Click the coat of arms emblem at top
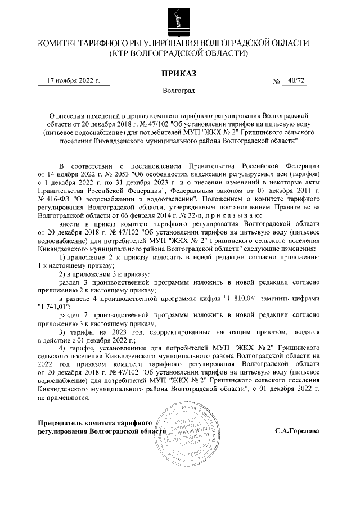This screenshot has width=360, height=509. pyautogui.click(x=179, y=18)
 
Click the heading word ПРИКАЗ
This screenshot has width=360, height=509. pyautogui.click(x=179, y=74)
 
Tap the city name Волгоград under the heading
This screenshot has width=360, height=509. pyautogui.click(x=179, y=91)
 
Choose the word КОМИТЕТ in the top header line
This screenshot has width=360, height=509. pyautogui.click(x=59, y=43)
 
